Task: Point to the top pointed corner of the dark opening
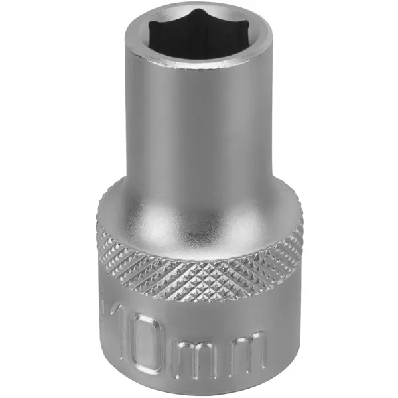[x=195, y=10]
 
